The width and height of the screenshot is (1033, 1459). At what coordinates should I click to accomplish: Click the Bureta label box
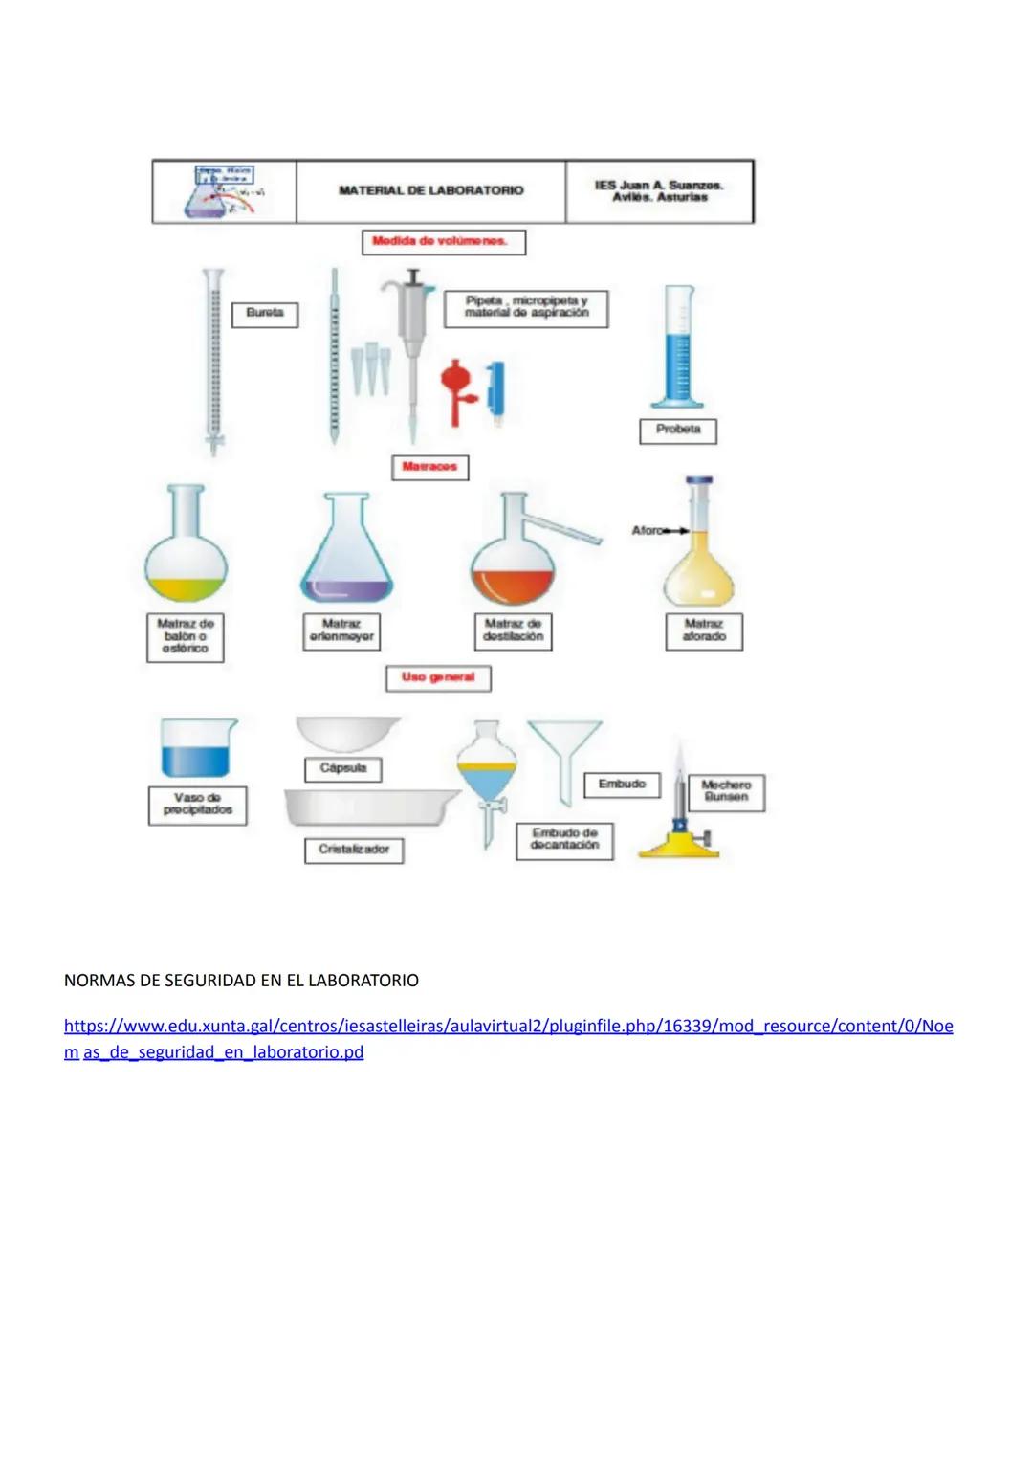click(265, 314)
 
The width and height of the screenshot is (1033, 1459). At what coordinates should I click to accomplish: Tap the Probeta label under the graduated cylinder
click(677, 431)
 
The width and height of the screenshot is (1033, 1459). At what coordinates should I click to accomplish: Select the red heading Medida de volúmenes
click(443, 242)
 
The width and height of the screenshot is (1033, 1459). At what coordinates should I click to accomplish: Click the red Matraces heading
click(429, 468)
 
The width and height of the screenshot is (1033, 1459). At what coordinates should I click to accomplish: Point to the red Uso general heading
click(438, 678)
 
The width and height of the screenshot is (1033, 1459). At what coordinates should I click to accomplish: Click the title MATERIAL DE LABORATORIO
click(430, 190)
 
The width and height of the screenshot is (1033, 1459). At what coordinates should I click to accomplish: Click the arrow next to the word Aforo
click(677, 530)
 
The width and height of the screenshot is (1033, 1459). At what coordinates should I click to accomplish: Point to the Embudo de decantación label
click(564, 839)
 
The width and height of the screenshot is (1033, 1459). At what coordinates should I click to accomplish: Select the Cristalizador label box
click(354, 850)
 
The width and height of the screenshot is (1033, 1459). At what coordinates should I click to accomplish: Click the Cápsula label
click(342, 769)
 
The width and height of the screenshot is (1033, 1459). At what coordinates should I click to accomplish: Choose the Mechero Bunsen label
click(726, 791)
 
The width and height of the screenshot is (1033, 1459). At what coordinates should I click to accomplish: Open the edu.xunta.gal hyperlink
click(507, 1027)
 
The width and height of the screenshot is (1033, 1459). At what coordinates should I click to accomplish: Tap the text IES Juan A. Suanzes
click(659, 185)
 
